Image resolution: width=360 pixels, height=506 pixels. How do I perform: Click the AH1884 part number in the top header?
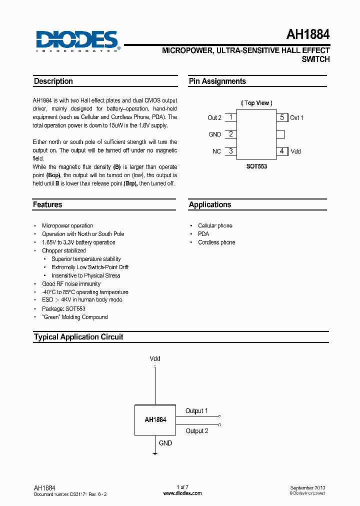[x=307, y=35]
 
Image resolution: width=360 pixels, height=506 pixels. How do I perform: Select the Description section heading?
[x=53, y=81]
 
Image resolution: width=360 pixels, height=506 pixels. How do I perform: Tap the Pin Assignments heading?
[x=217, y=81]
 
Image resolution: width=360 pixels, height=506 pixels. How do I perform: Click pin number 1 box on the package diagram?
[x=230, y=117]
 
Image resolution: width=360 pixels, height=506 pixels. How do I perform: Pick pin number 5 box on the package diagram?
[x=282, y=117]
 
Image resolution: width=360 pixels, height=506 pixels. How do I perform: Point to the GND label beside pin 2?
[x=214, y=134]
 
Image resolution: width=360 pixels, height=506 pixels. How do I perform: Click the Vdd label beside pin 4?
[x=296, y=151]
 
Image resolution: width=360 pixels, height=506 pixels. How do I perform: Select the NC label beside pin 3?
[x=216, y=151]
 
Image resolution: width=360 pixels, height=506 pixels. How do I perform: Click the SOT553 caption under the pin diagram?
[x=256, y=166]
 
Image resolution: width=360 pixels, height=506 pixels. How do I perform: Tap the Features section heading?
[x=47, y=204]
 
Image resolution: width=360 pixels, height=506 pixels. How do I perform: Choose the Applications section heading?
[x=210, y=204]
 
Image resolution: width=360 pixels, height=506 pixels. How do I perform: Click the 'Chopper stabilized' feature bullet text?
[x=64, y=250]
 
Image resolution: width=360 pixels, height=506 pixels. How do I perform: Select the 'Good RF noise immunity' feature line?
[x=71, y=284]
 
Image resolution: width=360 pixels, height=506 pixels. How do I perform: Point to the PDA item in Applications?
[x=203, y=234]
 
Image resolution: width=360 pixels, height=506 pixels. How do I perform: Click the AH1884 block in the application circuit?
[x=155, y=419]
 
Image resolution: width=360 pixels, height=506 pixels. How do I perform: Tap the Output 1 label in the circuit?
[x=196, y=411]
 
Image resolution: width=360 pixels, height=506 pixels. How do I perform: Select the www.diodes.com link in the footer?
[x=182, y=493]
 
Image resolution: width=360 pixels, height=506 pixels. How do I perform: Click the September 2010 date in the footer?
[x=307, y=487]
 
